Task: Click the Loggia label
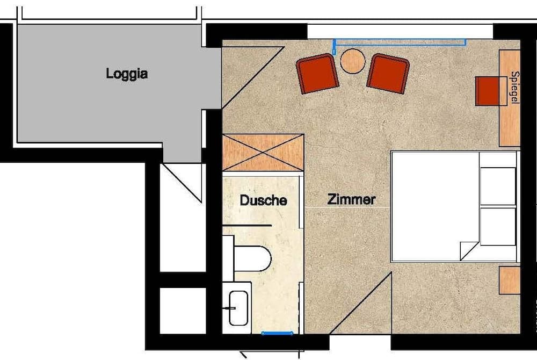(x=127, y=74)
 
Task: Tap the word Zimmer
(x=351, y=200)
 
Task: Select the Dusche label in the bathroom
(x=263, y=200)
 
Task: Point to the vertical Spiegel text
(x=515, y=88)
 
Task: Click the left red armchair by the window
(x=317, y=73)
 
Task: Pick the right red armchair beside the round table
(x=388, y=73)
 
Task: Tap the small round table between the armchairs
(x=353, y=61)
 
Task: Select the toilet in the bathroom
(x=251, y=258)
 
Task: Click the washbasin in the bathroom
(x=238, y=308)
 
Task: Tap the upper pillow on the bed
(x=498, y=186)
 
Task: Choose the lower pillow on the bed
(x=498, y=226)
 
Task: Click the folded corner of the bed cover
(x=468, y=249)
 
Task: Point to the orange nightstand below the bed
(x=509, y=280)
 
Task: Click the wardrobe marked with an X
(x=263, y=153)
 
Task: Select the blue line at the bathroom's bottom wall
(x=277, y=333)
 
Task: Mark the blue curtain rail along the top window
(x=400, y=40)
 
